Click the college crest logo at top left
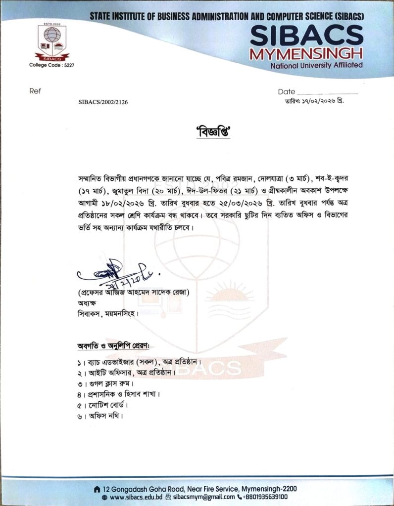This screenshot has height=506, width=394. pos(51,42)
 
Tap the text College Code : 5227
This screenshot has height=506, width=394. pos(51,65)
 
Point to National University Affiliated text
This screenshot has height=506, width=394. pos(317,65)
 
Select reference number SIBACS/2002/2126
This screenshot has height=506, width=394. pos(106,102)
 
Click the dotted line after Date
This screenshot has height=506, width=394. pos(327,92)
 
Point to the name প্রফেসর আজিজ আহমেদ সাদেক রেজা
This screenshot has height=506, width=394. pos(134,293)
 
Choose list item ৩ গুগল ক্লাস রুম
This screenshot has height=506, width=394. pos(105,383)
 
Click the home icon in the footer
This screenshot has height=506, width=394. pos(97,488)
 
